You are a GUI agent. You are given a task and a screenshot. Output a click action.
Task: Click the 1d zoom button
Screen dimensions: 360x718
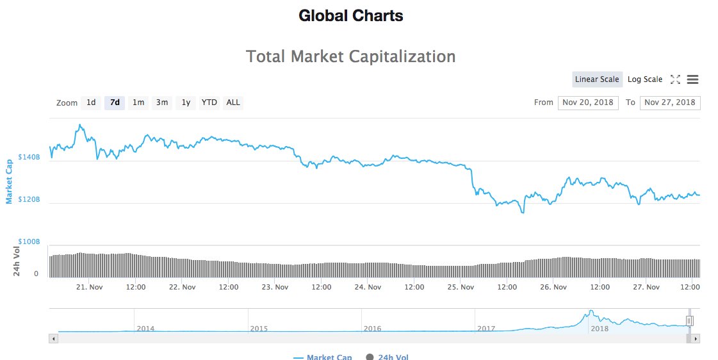click(x=91, y=102)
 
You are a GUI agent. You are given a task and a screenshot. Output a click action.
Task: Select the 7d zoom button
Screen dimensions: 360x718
click(x=115, y=102)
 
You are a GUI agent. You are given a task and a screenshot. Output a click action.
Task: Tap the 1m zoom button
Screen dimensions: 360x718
click(x=138, y=102)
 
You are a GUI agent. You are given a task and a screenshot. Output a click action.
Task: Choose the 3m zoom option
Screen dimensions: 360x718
click(x=162, y=102)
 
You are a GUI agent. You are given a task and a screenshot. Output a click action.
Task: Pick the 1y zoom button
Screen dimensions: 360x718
click(x=186, y=102)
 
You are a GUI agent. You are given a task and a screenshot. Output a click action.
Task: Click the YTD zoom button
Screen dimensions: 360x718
click(x=209, y=102)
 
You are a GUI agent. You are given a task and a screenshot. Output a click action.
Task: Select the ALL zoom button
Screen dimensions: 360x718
click(x=233, y=102)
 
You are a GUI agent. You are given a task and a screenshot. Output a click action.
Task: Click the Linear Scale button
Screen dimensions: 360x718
click(x=597, y=79)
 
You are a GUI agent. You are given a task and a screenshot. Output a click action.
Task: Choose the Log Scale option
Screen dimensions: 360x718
click(x=645, y=79)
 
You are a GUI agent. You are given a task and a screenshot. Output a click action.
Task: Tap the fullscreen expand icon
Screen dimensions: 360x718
click(x=675, y=79)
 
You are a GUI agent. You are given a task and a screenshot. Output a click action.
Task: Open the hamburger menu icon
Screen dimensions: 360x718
click(x=692, y=79)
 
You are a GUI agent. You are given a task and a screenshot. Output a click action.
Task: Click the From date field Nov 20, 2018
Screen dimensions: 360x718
click(x=588, y=102)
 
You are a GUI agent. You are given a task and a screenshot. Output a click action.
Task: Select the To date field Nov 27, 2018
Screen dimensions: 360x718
click(x=670, y=102)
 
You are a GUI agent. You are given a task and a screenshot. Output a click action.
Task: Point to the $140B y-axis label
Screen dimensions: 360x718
click(x=29, y=157)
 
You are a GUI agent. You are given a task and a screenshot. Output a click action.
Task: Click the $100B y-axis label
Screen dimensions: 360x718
click(x=29, y=242)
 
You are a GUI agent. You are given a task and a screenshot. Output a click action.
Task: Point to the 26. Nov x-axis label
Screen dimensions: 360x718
click(x=553, y=287)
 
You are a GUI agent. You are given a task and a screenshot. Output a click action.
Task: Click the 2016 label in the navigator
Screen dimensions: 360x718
click(x=372, y=329)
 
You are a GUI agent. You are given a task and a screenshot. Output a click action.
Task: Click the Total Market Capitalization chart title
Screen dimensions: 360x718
click(x=351, y=56)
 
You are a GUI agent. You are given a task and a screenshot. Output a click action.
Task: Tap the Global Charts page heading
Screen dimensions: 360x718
click(x=351, y=16)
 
